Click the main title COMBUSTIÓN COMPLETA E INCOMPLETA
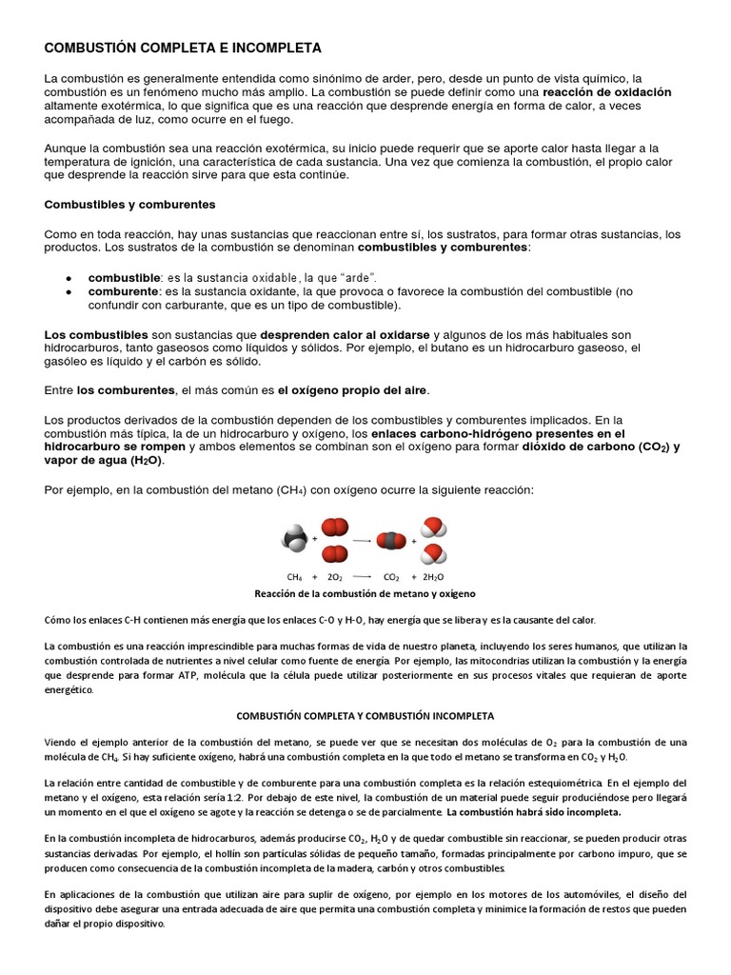click(x=184, y=47)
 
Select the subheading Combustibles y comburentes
click(x=130, y=204)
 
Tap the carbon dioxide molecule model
click(x=391, y=540)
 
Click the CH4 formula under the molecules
click(x=294, y=577)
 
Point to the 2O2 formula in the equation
click(x=335, y=577)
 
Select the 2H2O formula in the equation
click(x=434, y=577)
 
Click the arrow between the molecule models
click(x=362, y=540)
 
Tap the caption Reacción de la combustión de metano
click(x=365, y=593)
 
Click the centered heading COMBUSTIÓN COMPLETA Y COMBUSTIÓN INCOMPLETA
click(x=365, y=715)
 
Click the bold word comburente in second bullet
click(x=123, y=290)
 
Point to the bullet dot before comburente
click(x=69, y=290)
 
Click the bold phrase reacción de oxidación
click(x=606, y=91)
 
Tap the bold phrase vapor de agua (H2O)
click(x=105, y=461)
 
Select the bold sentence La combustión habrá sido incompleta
click(x=533, y=812)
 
